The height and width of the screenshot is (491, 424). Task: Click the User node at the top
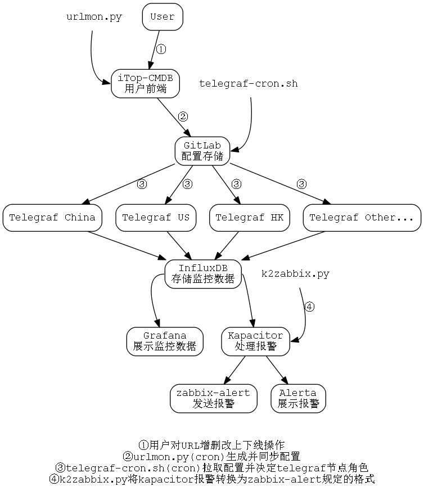click(x=163, y=16)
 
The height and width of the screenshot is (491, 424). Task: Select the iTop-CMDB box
click(x=145, y=83)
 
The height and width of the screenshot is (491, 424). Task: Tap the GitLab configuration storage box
click(x=202, y=151)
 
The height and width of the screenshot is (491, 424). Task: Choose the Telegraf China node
click(x=52, y=218)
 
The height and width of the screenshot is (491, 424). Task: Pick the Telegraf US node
click(x=156, y=218)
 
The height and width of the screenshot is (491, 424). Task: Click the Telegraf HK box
click(x=249, y=218)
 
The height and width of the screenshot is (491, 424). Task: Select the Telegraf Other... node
click(x=362, y=218)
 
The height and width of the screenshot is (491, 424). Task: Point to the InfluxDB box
click(x=202, y=273)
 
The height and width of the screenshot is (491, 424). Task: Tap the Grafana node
click(x=164, y=341)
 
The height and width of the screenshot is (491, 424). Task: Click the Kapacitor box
click(x=255, y=341)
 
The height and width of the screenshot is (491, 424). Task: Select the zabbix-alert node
click(x=213, y=398)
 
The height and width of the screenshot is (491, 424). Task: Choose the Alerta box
click(x=298, y=398)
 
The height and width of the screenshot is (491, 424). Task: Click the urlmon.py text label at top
click(x=94, y=17)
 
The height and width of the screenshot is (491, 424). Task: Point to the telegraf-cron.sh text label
click(x=249, y=84)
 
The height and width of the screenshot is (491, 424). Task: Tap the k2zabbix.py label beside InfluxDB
click(x=295, y=274)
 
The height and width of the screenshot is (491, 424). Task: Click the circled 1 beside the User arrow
click(x=160, y=49)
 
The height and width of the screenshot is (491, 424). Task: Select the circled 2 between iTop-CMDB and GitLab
click(x=183, y=116)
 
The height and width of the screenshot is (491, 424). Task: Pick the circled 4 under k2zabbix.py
click(x=309, y=307)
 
